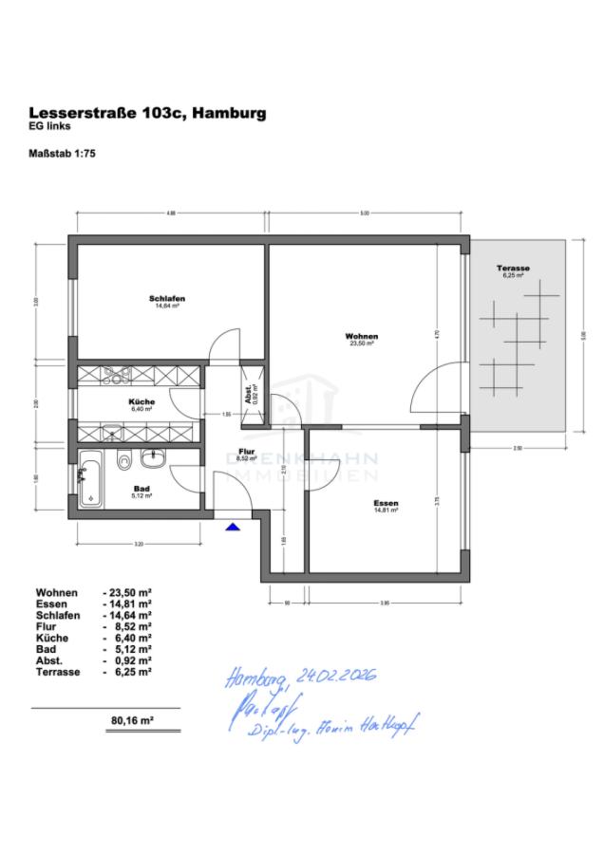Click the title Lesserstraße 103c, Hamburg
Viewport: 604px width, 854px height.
[x=147, y=113]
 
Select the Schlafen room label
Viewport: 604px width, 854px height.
[x=166, y=299]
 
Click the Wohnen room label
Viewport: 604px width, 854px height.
[x=362, y=337]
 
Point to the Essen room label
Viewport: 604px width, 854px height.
[x=386, y=503]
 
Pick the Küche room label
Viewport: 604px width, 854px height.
[x=142, y=403]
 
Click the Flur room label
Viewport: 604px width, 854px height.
[x=246, y=452]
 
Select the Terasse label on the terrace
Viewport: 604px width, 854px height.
[x=513, y=269]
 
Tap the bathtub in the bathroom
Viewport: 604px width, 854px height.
[x=91, y=481]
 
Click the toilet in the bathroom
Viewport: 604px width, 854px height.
[x=124, y=464]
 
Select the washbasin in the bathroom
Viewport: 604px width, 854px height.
[x=154, y=459]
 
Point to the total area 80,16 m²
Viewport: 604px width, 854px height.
[x=132, y=720]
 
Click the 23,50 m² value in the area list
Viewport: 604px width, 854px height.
[x=132, y=592]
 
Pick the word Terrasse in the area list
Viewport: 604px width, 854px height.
[x=57, y=672]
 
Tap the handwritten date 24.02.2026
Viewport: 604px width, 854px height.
[x=337, y=677]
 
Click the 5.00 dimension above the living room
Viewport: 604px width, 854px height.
[x=365, y=213]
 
